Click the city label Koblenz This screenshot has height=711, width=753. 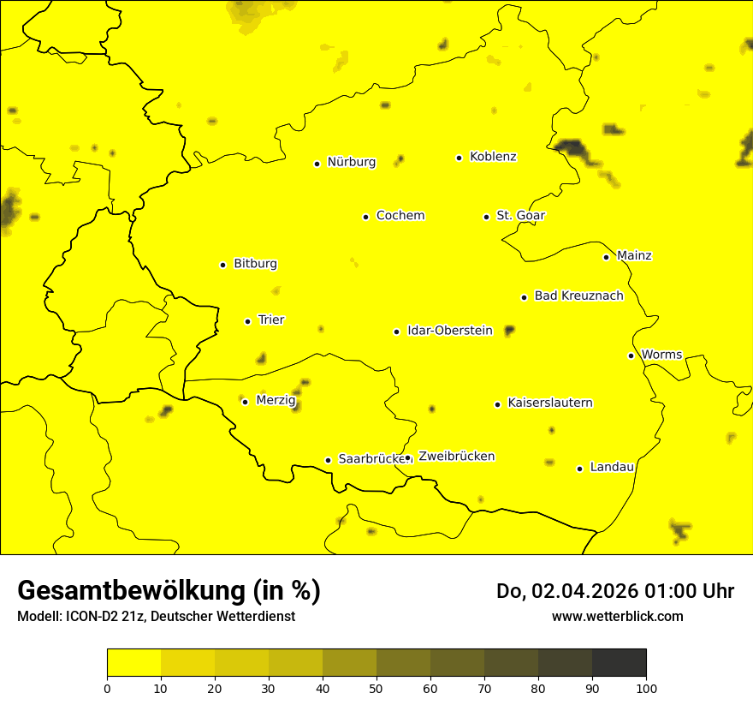pyautogui.click(x=493, y=157)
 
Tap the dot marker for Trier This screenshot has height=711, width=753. pyautogui.click(x=247, y=321)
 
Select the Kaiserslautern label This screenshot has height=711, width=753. pyautogui.click(x=549, y=403)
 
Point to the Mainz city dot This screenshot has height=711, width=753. pyautogui.click(x=606, y=257)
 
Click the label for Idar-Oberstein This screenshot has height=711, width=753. pyautogui.click(x=449, y=330)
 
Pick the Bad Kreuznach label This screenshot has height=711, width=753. pyautogui.click(x=578, y=296)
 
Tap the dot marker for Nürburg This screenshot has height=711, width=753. pyautogui.click(x=317, y=164)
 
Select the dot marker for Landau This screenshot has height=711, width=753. pyautogui.click(x=579, y=469)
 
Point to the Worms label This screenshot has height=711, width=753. pyautogui.click(x=661, y=354)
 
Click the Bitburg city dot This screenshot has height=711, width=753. pyautogui.click(x=222, y=265)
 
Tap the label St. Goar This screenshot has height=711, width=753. pyautogui.click(x=520, y=215)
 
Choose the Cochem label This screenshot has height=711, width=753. pyautogui.click(x=400, y=215)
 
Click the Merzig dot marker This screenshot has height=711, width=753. pyautogui.click(x=245, y=402)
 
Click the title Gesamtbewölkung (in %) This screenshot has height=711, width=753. pyautogui.click(x=169, y=591)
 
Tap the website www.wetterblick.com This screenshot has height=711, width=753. pyautogui.click(x=617, y=616)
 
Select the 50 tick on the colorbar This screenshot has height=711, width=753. pyautogui.click(x=376, y=687)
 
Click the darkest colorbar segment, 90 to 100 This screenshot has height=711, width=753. pyautogui.click(x=619, y=662)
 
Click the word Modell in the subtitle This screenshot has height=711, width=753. pyautogui.click(x=38, y=616)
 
